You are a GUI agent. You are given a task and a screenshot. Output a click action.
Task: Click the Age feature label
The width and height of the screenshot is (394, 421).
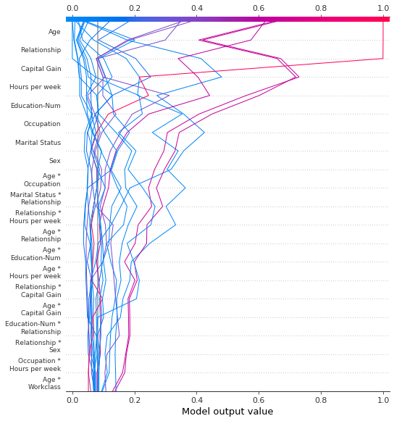54,32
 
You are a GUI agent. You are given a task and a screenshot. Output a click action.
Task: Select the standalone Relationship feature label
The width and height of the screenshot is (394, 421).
41,50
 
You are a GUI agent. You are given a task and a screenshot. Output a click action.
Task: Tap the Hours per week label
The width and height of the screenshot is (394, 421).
35,87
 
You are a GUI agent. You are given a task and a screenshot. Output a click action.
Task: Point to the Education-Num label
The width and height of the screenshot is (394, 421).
35,106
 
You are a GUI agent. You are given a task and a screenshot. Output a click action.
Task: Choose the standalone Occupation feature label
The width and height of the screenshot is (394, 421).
42,124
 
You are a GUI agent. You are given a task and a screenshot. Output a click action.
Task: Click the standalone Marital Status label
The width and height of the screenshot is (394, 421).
38,143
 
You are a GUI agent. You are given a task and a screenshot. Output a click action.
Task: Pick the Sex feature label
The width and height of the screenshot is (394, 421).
54,161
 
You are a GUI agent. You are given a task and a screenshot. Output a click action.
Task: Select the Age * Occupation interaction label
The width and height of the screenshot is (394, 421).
42,180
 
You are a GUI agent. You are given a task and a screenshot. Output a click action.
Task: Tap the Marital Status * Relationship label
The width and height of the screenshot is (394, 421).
35,198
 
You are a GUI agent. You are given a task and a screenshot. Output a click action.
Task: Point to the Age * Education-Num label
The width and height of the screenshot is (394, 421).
36,254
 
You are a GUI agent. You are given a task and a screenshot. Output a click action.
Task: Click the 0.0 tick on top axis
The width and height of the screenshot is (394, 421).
72,8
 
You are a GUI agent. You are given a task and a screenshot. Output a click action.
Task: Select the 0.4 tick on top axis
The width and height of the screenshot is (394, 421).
197,8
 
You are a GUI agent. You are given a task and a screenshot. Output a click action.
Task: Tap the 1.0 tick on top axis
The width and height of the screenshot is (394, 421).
383,8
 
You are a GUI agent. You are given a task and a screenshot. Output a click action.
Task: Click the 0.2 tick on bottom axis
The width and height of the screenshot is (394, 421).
135,399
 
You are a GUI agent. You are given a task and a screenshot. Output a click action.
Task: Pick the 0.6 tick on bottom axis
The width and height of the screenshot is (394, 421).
259,399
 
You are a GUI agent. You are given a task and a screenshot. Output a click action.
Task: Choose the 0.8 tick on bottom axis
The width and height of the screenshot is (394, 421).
321,399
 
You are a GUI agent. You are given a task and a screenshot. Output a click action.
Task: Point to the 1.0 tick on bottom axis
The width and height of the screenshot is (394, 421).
383,399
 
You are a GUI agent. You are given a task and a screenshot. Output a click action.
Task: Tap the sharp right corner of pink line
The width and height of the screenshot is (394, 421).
383,59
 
